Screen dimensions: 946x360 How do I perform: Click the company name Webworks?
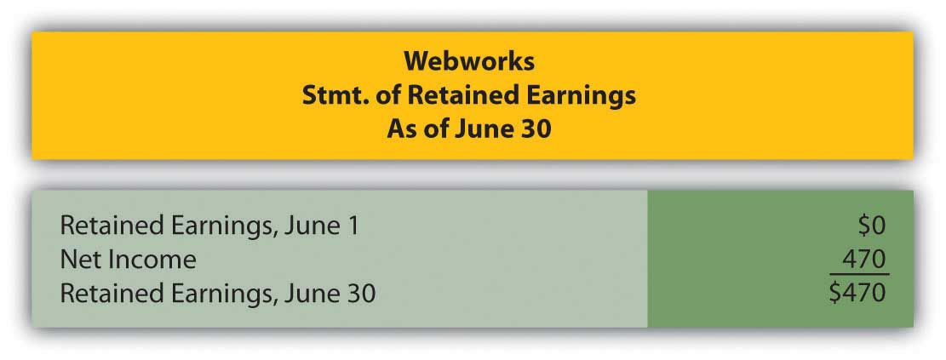pyautogui.click(x=469, y=61)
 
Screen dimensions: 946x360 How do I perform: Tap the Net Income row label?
pyautogui.click(x=128, y=260)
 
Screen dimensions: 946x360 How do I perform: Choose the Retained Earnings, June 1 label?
pyautogui.click(x=209, y=227)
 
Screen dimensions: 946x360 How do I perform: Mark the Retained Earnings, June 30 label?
pyautogui.click(x=218, y=294)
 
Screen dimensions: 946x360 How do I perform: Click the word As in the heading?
pyautogui.click(x=400, y=130)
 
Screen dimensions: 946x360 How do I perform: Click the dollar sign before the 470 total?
pyautogui.click(x=836, y=293)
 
